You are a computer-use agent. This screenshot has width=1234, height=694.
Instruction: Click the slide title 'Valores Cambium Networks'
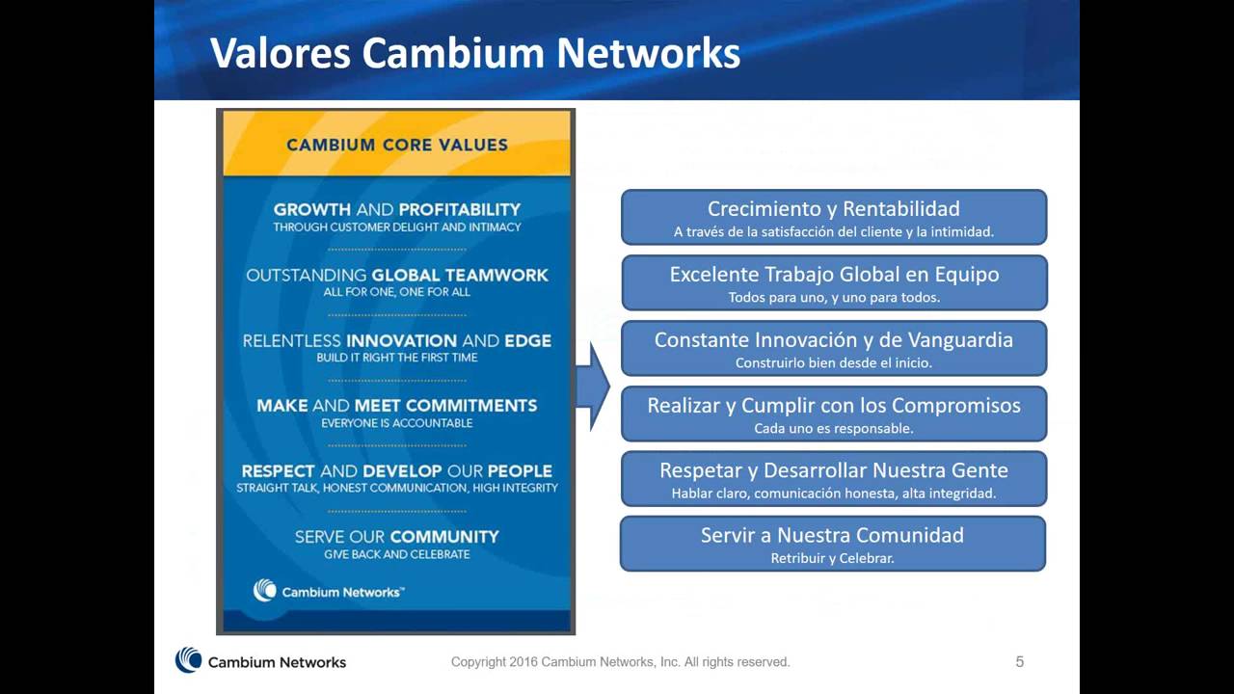(x=475, y=53)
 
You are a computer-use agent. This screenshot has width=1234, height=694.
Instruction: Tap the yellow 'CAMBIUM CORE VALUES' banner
(x=396, y=145)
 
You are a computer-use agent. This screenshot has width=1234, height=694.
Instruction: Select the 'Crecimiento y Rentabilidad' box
(x=833, y=217)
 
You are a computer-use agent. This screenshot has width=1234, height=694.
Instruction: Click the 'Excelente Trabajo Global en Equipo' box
(x=833, y=282)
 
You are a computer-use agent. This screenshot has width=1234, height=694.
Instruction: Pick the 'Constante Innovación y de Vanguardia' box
(x=833, y=348)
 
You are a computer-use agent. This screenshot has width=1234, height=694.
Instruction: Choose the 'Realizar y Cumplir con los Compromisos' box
(x=833, y=414)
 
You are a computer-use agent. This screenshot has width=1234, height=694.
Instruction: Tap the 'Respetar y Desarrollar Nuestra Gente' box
(x=833, y=479)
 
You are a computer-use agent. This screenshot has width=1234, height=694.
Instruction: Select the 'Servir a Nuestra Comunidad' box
(x=832, y=544)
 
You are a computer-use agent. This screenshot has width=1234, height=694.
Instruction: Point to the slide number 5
(x=1019, y=662)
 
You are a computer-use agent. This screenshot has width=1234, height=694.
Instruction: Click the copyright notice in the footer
(x=620, y=662)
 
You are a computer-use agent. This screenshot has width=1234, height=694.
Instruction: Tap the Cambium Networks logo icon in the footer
(x=188, y=660)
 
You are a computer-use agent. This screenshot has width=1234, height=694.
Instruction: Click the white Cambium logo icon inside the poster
(x=264, y=591)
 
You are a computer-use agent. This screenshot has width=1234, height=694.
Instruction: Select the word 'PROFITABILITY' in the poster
(x=459, y=209)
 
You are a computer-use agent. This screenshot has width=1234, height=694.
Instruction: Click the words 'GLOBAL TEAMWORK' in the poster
(x=460, y=275)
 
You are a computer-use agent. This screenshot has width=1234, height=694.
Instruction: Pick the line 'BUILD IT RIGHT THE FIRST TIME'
(x=396, y=358)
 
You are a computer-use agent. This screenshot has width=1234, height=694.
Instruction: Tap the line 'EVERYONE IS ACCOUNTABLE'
(x=396, y=423)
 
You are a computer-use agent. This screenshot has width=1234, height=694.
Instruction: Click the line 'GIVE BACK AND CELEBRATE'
(x=396, y=554)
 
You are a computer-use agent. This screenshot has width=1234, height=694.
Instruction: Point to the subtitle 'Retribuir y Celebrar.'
(x=832, y=558)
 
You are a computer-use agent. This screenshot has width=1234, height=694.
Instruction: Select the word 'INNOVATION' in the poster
(x=401, y=340)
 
